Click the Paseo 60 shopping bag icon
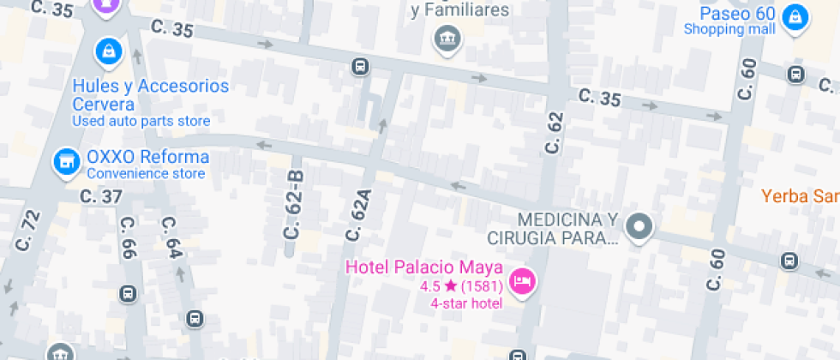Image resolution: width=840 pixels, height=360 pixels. (796, 15)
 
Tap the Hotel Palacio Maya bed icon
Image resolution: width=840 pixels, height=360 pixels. (521, 280)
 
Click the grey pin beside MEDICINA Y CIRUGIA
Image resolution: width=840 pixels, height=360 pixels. (639, 226)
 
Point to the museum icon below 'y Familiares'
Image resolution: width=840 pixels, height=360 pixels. (446, 38)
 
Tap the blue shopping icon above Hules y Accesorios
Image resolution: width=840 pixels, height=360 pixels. (108, 50)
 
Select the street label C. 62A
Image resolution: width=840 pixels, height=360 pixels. (359, 215)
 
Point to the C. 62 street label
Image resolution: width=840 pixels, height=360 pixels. (554, 134)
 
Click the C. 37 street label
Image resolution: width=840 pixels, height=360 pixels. (101, 196)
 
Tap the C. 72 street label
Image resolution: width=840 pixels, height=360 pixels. (27, 231)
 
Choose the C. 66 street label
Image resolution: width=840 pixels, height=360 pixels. (129, 238)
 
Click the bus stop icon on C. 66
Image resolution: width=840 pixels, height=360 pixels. (128, 294)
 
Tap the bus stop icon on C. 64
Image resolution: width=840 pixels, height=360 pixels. (195, 320)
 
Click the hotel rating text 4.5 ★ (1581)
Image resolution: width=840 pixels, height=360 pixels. (461, 285)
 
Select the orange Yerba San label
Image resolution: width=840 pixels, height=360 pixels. (801, 196)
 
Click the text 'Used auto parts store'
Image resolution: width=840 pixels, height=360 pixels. (141, 121)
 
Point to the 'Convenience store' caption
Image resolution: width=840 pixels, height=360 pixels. (146, 174)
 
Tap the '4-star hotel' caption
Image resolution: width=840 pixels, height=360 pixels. (467, 303)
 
